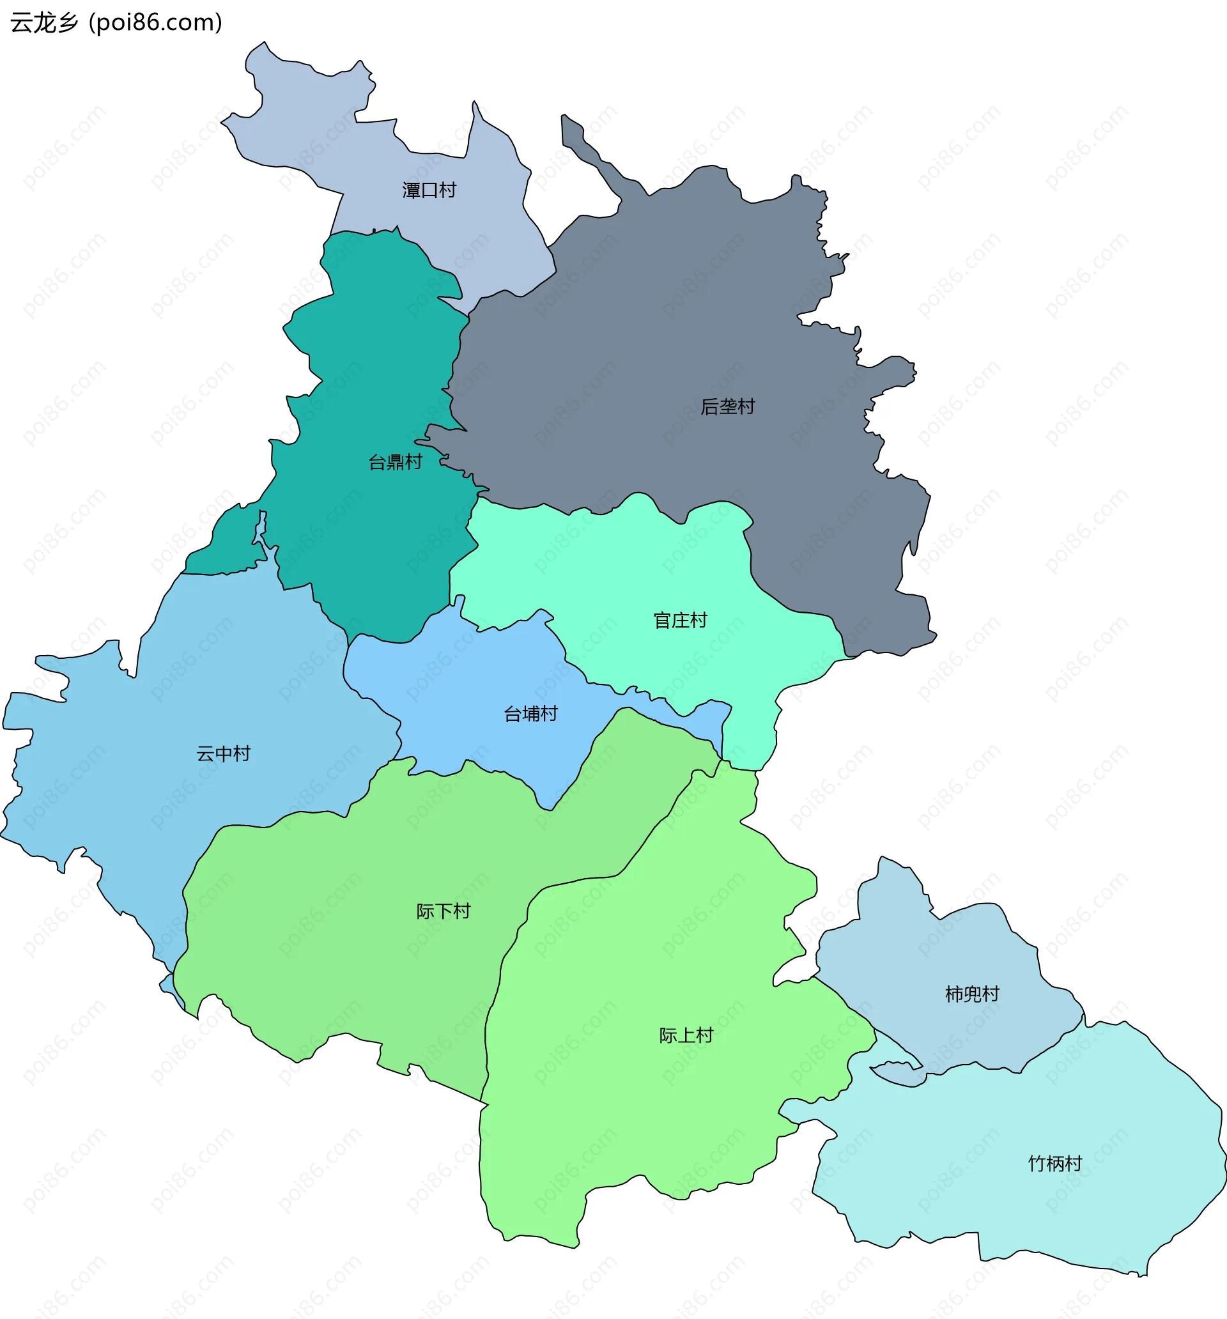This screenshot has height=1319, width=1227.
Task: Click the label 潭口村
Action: (x=429, y=190)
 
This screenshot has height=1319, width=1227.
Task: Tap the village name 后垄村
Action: (x=727, y=406)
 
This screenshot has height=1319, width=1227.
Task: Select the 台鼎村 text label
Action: (x=395, y=462)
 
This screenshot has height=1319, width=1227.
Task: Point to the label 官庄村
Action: (x=680, y=621)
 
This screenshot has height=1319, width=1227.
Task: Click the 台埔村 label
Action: (x=530, y=714)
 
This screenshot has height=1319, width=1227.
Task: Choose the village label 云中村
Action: (x=223, y=753)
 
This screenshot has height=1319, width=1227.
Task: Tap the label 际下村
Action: (x=443, y=911)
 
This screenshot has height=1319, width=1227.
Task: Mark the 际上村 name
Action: (x=686, y=1035)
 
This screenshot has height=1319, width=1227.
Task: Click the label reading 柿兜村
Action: (x=971, y=994)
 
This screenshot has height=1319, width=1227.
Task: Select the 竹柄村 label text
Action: (x=1054, y=1163)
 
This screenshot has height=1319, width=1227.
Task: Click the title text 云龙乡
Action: (x=45, y=22)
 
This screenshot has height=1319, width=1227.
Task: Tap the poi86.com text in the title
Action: (x=156, y=22)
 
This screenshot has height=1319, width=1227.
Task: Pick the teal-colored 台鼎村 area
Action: (x=372, y=531)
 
